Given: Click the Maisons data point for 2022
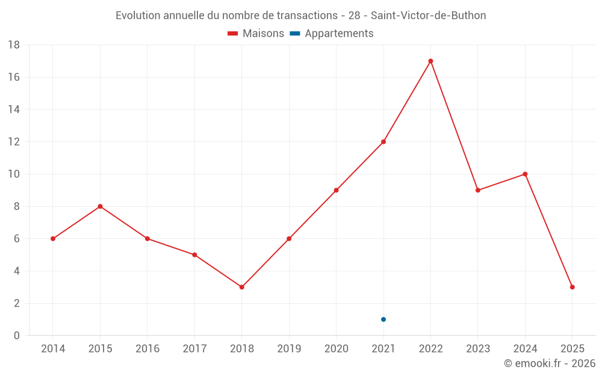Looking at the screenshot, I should [x=430, y=61].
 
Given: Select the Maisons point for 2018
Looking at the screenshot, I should [x=241, y=287].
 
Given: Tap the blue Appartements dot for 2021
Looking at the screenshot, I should [x=383, y=319].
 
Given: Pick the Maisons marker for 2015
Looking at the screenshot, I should [x=100, y=206].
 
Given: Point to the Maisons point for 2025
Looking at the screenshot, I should [x=572, y=287].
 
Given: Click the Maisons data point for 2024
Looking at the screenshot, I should [x=525, y=174].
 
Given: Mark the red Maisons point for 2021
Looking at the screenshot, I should [x=383, y=142].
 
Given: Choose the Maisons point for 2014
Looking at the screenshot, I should [x=53, y=239].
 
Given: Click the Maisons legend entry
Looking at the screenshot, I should [x=256, y=34].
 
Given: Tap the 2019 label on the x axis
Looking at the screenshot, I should [x=289, y=349].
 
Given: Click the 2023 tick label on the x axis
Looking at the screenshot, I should [x=478, y=349].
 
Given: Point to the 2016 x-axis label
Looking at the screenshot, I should [x=147, y=349].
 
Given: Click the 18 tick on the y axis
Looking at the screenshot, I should [x=14, y=45].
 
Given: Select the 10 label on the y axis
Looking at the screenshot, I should [x=14, y=174].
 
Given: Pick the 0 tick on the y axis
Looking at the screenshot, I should [x=17, y=336].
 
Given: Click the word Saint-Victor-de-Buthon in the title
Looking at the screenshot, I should [x=429, y=16].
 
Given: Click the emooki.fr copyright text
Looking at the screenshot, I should [x=550, y=363].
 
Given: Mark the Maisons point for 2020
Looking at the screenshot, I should [x=336, y=190].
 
